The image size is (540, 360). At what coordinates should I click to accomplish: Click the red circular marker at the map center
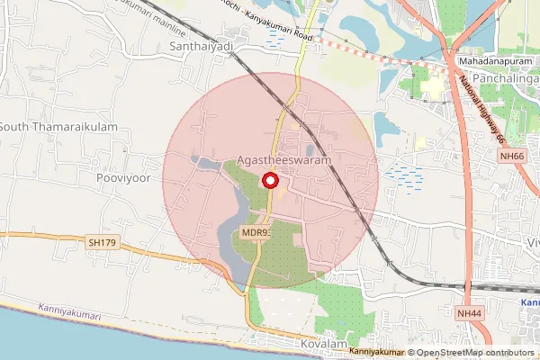(269, 181)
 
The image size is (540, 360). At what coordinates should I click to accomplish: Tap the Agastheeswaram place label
(285, 159)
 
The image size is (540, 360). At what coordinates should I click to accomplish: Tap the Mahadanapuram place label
(495, 59)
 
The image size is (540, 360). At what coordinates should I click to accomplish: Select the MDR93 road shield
(256, 232)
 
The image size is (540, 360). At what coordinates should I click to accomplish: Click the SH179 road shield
(103, 243)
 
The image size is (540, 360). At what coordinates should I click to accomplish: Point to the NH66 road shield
(512, 156)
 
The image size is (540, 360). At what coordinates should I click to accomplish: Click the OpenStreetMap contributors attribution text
(471, 353)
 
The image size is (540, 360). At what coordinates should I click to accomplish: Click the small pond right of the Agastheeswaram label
(310, 149)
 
